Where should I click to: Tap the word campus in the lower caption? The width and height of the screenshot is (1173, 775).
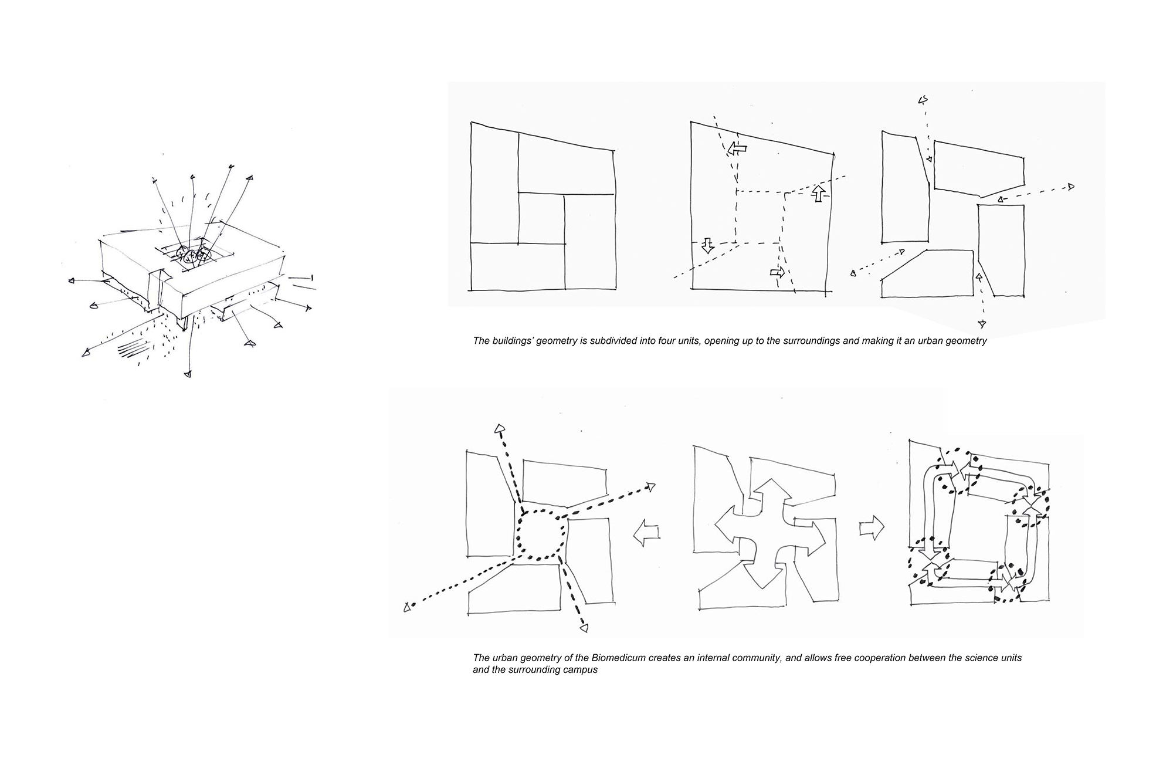click(x=582, y=670)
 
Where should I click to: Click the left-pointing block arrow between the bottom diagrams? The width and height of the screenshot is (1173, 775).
click(x=646, y=533)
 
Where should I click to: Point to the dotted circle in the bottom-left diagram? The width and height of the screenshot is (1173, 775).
click(x=541, y=534)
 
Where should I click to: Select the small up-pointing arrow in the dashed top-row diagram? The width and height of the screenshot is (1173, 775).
click(x=819, y=194)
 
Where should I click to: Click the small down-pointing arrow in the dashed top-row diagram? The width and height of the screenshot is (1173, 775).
click(x=707, y=246)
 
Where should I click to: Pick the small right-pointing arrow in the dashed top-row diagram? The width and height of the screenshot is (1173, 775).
click(x=777, y=272)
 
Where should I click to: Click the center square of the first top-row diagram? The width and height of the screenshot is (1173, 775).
click(x=541, y=218)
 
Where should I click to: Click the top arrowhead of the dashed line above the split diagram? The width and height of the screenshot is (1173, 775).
click(x=923, y=100)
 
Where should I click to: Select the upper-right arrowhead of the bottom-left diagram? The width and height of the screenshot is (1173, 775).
click(x=650, y=486)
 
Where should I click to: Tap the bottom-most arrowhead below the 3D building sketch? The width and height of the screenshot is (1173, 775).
click(x=187, y=373)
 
